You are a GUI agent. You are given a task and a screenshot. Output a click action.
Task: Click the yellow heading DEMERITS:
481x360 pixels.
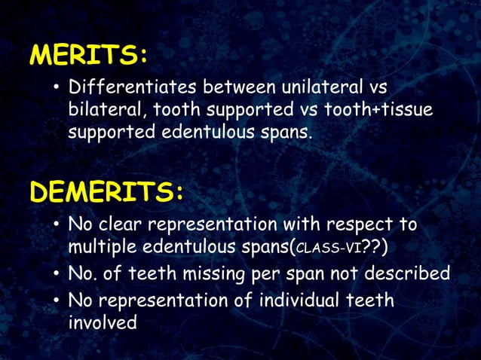(x=106, y=192)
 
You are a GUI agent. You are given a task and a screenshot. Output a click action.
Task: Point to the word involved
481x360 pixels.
(x=103, y=322)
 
